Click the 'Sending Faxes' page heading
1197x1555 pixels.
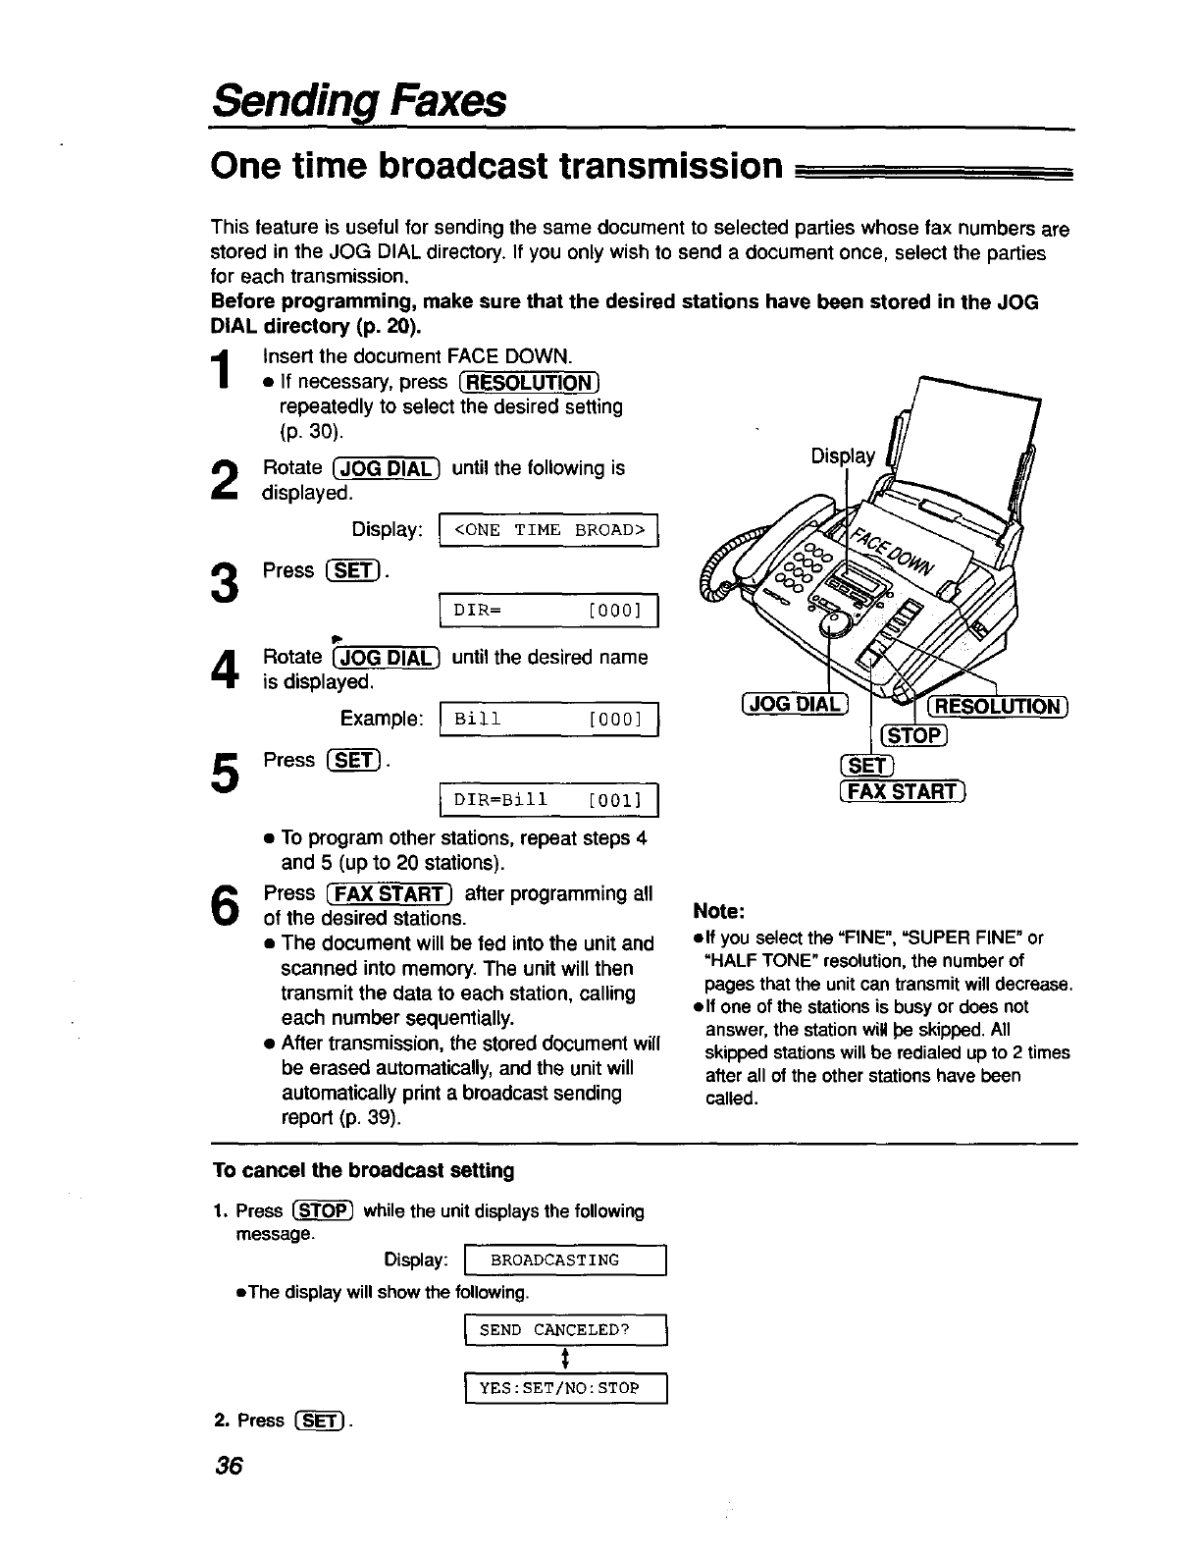click(359, 101)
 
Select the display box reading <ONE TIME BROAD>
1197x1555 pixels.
click(549, 530)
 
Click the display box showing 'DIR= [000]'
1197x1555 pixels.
click(549, 613)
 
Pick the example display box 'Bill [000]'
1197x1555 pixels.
click(549, 720)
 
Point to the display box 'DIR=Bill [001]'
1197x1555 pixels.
click(549, 801)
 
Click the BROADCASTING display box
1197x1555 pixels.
click(566, 1260)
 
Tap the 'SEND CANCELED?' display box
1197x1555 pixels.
click(566, 1330)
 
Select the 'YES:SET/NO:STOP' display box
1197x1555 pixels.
click(566, 1388)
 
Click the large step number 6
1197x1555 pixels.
click(225, 905)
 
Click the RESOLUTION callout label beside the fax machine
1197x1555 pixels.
click(997, 707)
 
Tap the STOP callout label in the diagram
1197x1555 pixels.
click(913, 736)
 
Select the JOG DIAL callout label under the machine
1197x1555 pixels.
click(794, 704)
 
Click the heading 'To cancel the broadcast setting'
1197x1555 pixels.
click(363, 1171)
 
